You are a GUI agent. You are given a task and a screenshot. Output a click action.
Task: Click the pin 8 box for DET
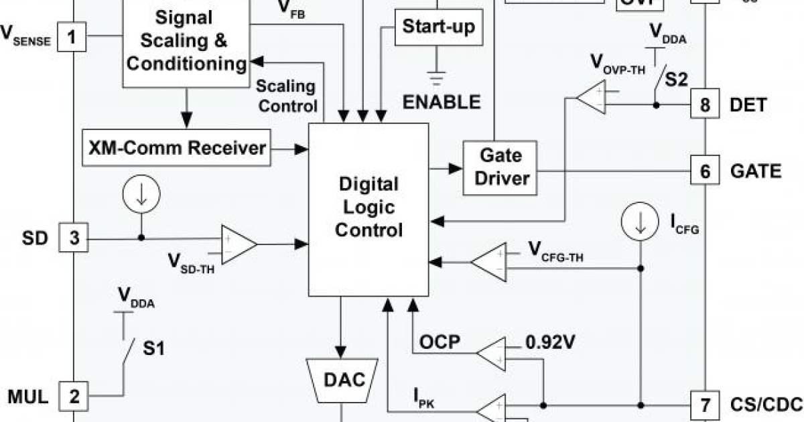(x=706, y=105)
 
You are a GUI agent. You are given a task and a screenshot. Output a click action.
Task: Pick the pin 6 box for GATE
(x=706, y=171)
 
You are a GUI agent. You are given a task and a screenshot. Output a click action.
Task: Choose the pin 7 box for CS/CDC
(x=706, y=405)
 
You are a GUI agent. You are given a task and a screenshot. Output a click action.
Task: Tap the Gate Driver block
(x=500, y=167)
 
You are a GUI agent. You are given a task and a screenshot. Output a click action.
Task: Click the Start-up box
(x=438, y=27)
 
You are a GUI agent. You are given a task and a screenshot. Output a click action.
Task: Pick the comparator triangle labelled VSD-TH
(x=238, y=245)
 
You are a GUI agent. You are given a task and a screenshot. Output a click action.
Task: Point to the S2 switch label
(x=678, y=80)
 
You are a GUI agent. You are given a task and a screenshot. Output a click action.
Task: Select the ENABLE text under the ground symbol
(x=442, y=102)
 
